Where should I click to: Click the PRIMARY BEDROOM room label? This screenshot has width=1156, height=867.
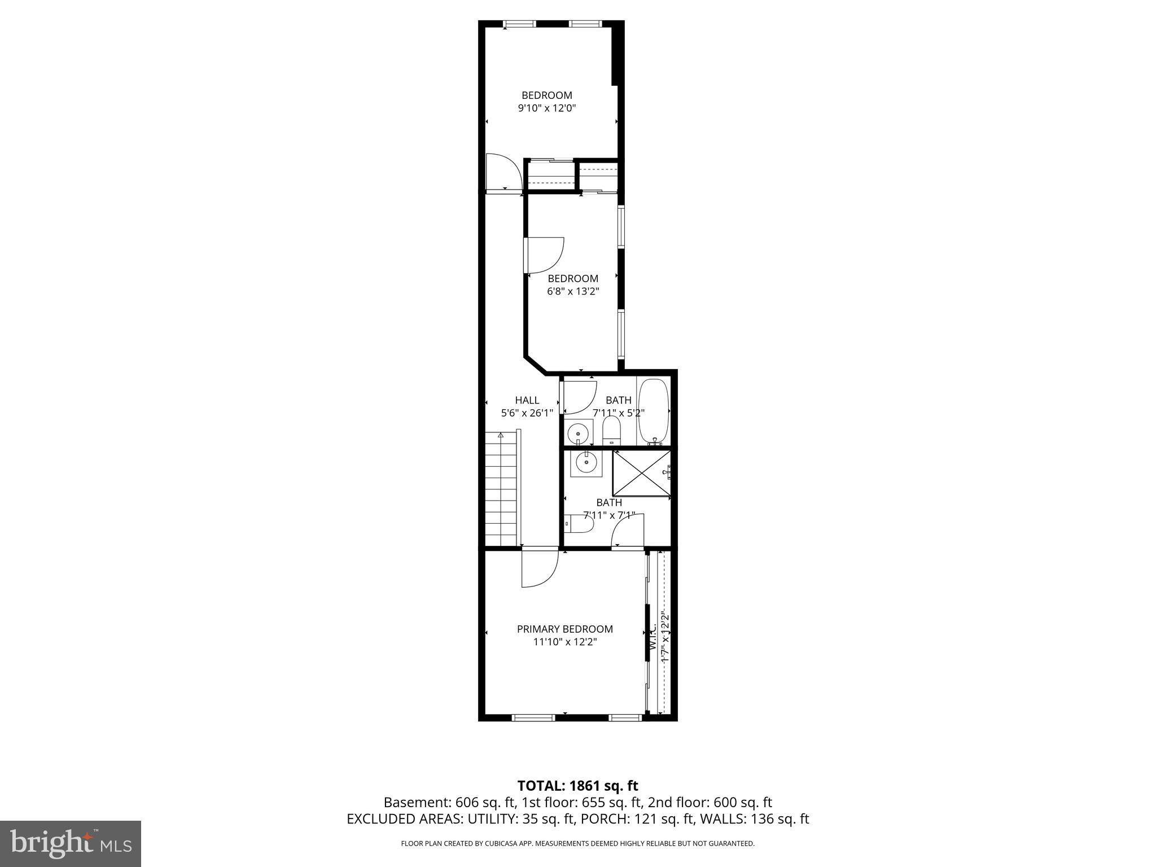[x=564, y=629]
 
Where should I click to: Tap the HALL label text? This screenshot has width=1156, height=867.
[x=527, y=400]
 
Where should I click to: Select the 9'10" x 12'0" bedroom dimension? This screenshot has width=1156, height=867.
[x=546, y=108]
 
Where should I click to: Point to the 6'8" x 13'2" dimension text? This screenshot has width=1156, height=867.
[x=573, y=291]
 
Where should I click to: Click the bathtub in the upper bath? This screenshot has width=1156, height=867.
[x=653, y=412]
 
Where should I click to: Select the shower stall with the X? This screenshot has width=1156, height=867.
[x=642, y=474]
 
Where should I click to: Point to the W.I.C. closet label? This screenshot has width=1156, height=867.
[x=653, y=636]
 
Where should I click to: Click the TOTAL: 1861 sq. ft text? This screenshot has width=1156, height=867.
[x=577, y=785]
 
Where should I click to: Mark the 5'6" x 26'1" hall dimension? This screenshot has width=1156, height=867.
[x=527, y=413]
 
